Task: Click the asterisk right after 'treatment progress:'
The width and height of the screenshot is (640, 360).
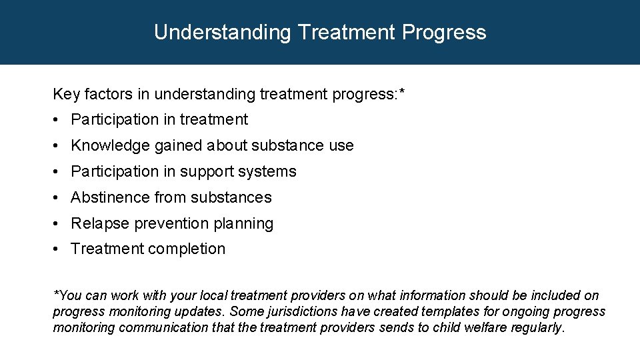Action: pos(401,93)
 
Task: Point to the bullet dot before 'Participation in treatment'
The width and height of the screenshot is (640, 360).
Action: pos(59,120)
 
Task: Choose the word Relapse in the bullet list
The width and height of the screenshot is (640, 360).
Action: pos(100,223)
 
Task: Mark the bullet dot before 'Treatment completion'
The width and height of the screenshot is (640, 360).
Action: pos(59,249)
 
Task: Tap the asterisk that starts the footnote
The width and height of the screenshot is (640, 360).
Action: pos(55,294)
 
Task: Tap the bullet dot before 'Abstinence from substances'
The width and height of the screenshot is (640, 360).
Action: pos(59,198)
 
